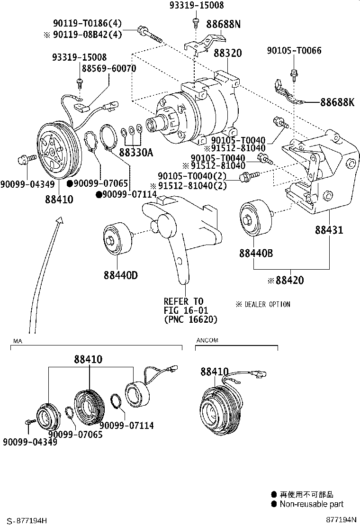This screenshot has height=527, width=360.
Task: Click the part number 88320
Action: point(227,53)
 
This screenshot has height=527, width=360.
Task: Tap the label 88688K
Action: point(337,102)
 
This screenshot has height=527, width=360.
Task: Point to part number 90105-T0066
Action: point(293,50)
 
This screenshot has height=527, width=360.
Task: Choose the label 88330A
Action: point(136,153)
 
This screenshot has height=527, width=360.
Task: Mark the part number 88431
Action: point(329,230)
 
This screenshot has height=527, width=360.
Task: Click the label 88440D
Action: point(121,274)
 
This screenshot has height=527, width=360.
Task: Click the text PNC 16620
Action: point(190,319)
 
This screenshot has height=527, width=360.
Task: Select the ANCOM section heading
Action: point(208,340)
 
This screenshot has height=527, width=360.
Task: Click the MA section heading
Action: point(18,341)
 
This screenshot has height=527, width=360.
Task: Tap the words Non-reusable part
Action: point(311,504)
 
